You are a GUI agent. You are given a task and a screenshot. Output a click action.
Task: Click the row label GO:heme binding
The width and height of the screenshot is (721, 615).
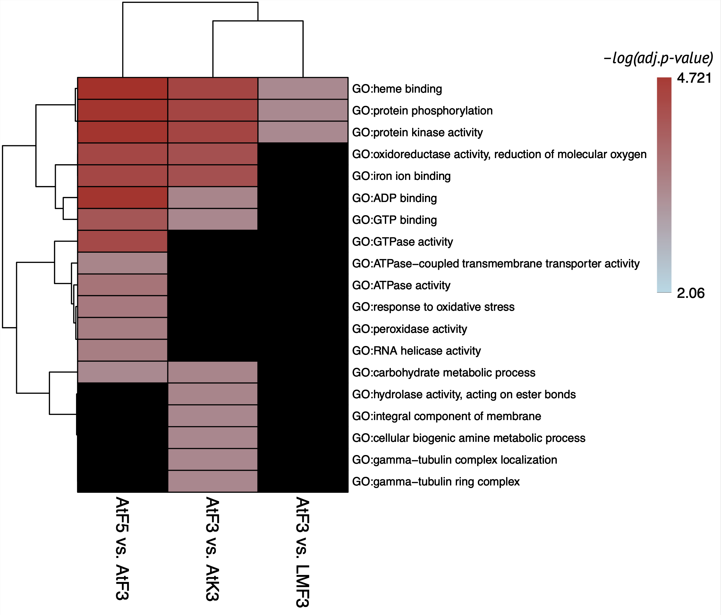pyautogui.click(x=397, y=89)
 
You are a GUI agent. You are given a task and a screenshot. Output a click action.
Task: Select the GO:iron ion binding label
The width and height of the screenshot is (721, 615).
pyautogui.click(x=401, y=176)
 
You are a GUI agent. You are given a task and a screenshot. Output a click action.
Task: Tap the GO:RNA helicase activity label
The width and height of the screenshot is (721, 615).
pyautogui.click(x=416, y=351)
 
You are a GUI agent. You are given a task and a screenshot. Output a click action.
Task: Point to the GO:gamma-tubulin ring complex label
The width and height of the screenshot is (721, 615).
pyautogui.click(x=436, y=482)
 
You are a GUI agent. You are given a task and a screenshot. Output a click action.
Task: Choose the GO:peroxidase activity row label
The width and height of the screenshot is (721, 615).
pyautogui.click(x=409, y=329)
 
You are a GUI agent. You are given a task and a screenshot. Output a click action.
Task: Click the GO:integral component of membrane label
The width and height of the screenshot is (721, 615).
pyautogui.click(x=446, y=417)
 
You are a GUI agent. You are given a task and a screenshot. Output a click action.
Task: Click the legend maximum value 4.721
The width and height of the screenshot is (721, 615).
pyautogui.click(x=694, y=78)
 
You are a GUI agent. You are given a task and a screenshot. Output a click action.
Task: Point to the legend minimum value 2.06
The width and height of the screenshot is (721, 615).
pyautogui.click(x=691, y=293)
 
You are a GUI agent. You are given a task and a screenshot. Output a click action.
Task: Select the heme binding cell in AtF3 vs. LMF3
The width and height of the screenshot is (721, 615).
pyautogui.click(x=303, y=88)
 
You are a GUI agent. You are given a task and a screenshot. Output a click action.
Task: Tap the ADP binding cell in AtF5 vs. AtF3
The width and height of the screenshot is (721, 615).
pyautogui.click(x=123, y=198)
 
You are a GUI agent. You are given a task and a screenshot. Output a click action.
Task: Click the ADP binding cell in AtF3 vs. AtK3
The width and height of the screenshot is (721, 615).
pyautogui.click(x=213, y=198)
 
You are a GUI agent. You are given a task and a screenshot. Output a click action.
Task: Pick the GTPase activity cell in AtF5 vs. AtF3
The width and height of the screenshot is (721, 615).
pyautogui.click(x=123, y=241)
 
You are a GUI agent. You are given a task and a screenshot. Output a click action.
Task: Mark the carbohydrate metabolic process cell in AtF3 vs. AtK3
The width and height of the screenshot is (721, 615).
pyautogui.click(x=213, y=372)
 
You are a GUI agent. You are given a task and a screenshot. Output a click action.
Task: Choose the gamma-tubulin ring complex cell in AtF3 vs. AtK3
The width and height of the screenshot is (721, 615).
pyautogui.click(x=213, y=481)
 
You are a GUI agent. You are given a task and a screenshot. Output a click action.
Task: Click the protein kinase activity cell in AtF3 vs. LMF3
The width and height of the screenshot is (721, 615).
pyautogui.click(x=303, y=132)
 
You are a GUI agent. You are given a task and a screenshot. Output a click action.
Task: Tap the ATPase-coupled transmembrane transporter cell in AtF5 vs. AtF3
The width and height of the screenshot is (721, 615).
pyautogui.click(x=123, y=263)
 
